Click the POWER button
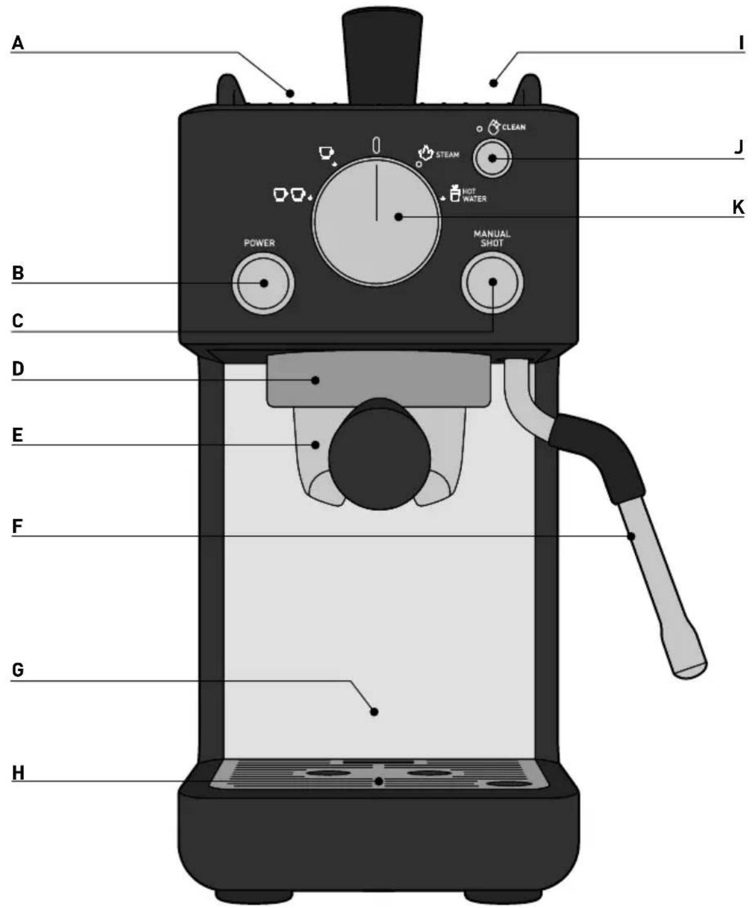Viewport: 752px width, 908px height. (x=263, y=283)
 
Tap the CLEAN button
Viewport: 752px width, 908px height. (x=492, y=158)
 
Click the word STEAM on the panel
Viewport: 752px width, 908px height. (x=447, y=155)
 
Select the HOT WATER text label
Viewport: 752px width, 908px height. (x=474, y=195)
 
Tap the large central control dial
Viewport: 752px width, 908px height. (x=377, y=222)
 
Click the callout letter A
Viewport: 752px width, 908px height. (x=17, y=43)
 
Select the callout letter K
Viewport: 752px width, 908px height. (x=738, y=208)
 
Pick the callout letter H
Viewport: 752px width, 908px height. (x=18, y=772)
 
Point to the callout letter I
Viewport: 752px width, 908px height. (x=742, y=43)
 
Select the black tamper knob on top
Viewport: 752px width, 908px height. (x=382, y=57)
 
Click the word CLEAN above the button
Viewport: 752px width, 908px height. (x=514, y=127)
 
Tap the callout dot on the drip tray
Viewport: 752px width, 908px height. (x=379, y=782)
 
